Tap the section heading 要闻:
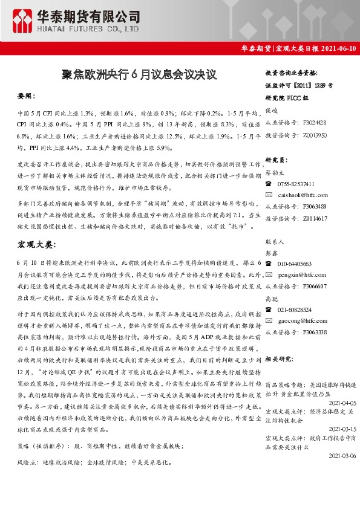27,96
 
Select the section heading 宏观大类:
36,244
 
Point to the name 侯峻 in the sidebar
271,111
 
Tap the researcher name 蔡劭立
273,172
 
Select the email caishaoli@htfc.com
303,195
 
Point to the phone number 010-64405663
295,264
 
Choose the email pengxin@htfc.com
301,274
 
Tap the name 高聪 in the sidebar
271,298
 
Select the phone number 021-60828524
295,310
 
